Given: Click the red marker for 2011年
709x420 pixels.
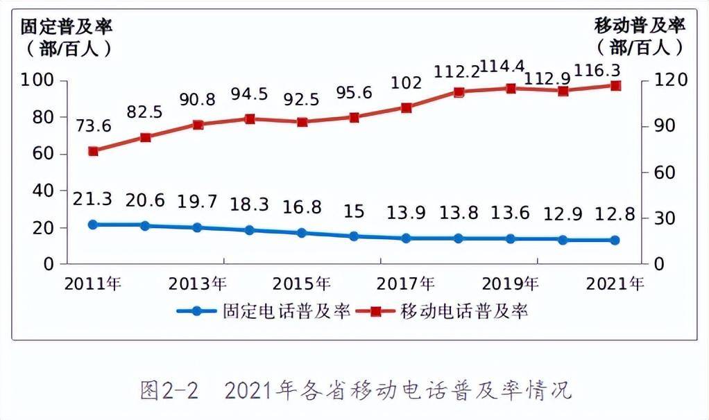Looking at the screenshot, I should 94,151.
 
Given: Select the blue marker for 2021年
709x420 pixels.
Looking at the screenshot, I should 615,240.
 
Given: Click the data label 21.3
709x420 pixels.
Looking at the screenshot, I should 94,201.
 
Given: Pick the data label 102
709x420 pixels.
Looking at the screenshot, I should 406,83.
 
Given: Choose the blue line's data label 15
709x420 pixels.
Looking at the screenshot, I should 354,211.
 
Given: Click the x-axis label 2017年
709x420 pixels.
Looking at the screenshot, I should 406,284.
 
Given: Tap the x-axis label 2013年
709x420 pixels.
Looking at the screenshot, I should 197,284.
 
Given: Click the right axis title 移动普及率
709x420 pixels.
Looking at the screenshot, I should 640,26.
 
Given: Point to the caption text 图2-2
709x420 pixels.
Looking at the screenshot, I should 169,390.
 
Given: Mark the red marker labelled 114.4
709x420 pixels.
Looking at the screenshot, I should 511,89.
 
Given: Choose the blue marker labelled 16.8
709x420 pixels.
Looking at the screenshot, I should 302,233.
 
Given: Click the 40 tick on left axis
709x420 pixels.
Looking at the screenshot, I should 42,191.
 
